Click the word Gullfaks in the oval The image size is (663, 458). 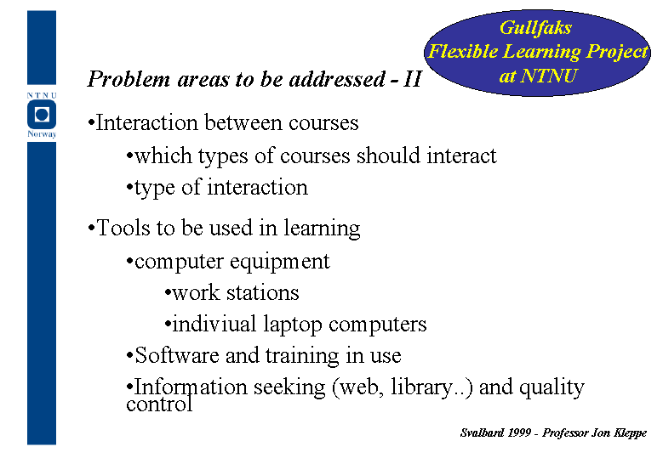tap(535, 28)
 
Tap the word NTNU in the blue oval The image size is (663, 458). tap(549, 76)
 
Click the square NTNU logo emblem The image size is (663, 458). tap(42, 115)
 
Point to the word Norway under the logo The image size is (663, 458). tap(42, 134)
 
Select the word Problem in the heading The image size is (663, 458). tap(129, 79)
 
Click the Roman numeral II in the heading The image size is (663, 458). tap(412, 79)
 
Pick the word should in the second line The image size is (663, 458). tap(388, 155)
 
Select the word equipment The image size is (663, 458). tap(279, 263)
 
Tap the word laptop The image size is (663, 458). tap(293, 325)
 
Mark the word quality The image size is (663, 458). tap(552, 387)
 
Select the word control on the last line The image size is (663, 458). tap(159, 404)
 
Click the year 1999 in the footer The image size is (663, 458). tap(519, 433)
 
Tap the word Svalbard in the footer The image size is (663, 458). tap(482, 433)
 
